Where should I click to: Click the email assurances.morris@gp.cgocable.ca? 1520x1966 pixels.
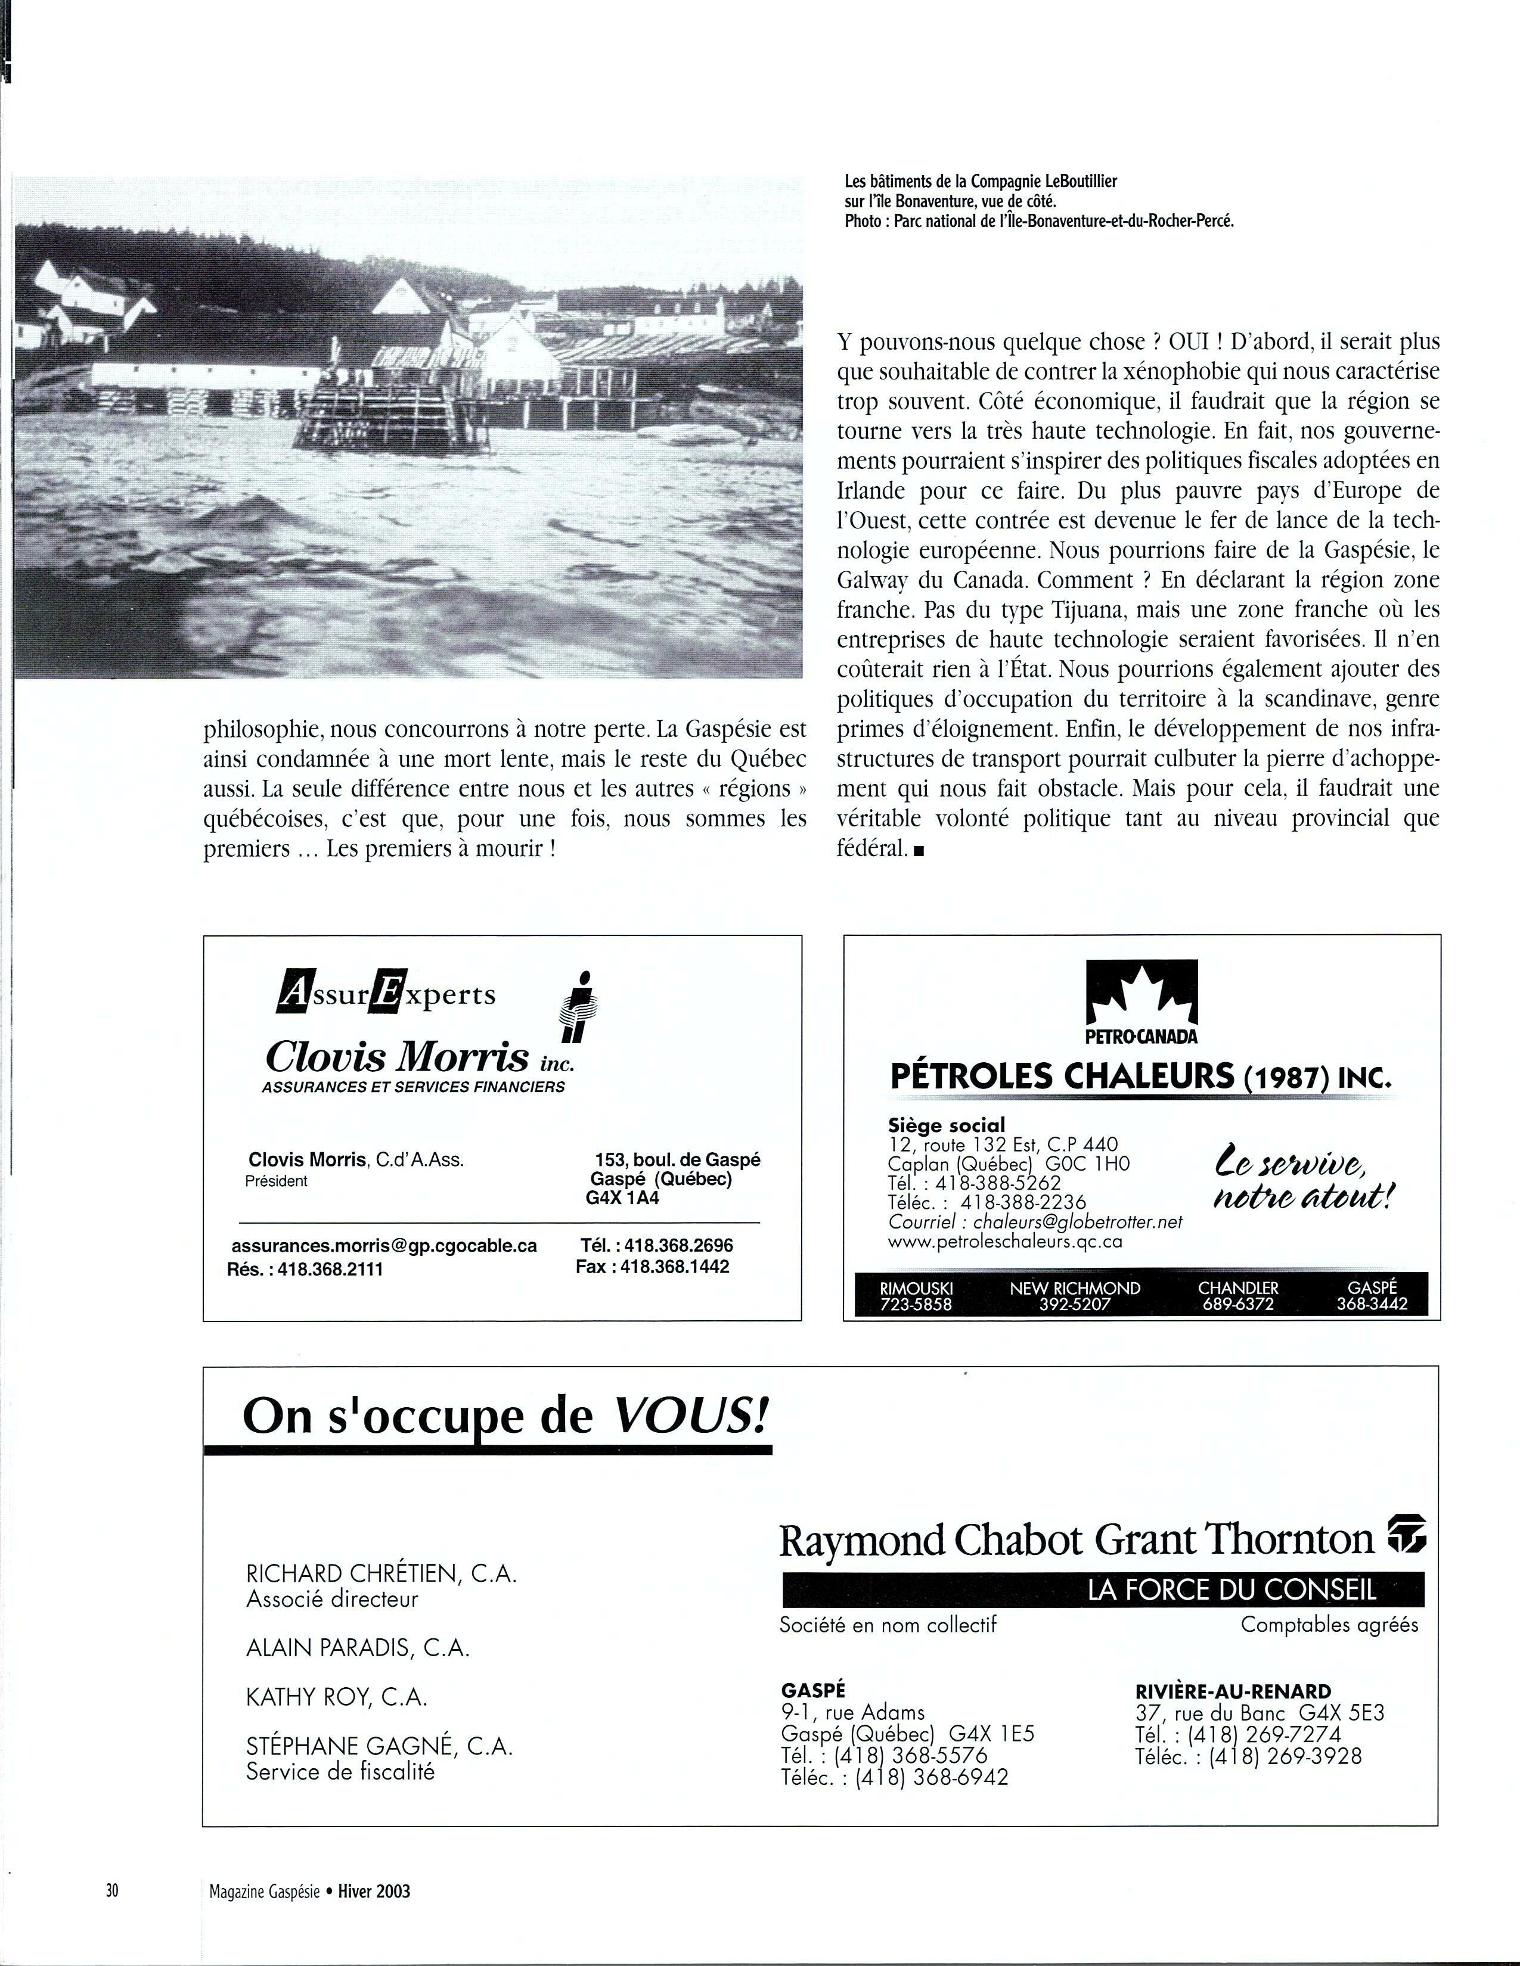pyautogui.click(x=384, y=1246)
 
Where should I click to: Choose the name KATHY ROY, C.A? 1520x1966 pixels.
pyautogui.click(x=336, y=1697)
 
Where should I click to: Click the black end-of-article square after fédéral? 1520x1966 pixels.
pyautogui.click(x=919, y=850)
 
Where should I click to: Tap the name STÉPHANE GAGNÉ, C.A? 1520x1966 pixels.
pyautogui.click(x=379, y=1746)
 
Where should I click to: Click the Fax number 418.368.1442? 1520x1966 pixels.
pyautogui.click(x=653, y=1267)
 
